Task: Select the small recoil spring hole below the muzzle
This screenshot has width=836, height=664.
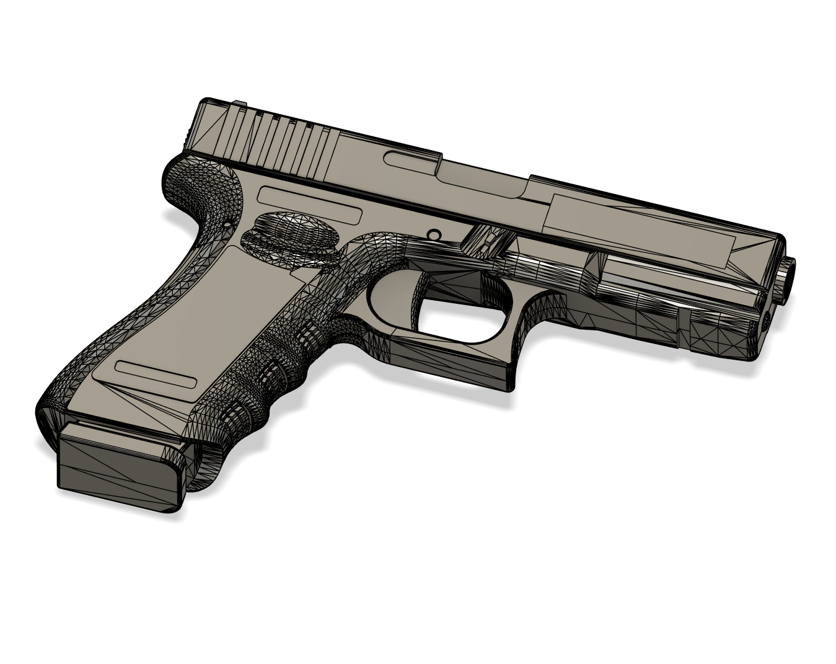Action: [x=766, y=320]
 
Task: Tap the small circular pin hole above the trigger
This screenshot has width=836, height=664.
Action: [x=434, y=235]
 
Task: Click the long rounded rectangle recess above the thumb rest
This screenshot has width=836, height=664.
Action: [x=309, y=205]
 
